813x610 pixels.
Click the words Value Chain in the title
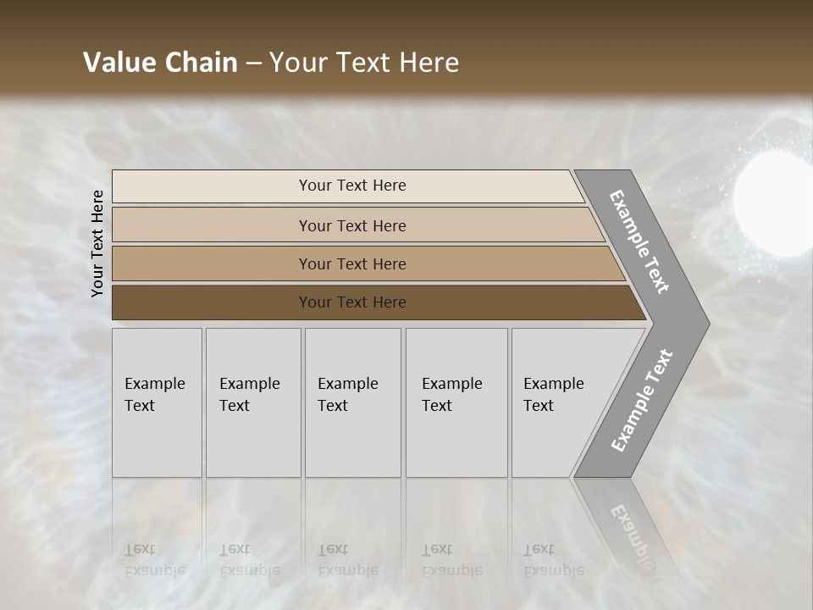(160, 63)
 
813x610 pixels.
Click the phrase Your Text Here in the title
(364, 63)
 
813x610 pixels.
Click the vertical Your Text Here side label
(97, 243)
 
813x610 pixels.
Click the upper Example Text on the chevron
(639, 241)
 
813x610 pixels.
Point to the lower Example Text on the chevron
(642, 400)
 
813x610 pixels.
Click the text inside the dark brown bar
(352, 302)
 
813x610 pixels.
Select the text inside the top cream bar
(352, 186)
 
